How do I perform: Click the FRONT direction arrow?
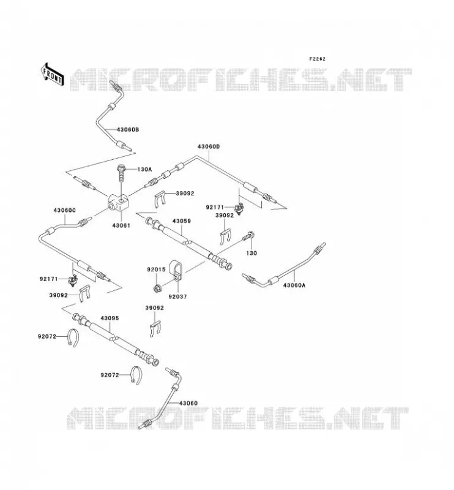point(53,74)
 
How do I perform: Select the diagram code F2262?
point(317,59)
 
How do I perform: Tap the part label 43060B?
point(128,129)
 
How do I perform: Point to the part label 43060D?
point(209,146)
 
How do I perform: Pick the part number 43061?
point(121,225)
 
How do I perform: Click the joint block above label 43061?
point(118,202)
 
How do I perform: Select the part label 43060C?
point(64,210)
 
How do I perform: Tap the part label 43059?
point(181,221)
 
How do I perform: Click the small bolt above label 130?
point(248,236)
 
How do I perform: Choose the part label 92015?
point(156,269)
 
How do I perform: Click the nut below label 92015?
point(157,288)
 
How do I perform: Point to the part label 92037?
point(177,296)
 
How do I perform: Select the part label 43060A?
point(294,285)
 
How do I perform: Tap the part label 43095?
point(110,318)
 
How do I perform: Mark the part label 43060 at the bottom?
point(188,403)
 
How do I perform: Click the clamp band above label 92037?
point(176,271)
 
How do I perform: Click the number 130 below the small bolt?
point(251,253)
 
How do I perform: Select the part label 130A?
point(144,170)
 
